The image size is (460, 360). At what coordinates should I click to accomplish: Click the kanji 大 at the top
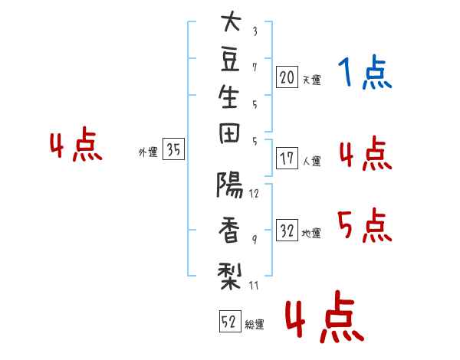[x=231, y=21]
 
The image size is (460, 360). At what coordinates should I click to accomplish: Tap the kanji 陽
[x=229, y=185]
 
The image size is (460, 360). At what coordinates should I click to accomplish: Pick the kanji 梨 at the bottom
[x=229, y=276]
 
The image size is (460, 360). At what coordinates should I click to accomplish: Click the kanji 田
[x=229, y=133]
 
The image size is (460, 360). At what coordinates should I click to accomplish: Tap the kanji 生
[x=228, y=97]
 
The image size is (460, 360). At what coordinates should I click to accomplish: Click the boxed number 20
[x=287, y=77]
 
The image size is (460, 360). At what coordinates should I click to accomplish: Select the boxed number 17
[x=287, y=158]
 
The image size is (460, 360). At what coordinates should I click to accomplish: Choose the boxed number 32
[x=287, y=230]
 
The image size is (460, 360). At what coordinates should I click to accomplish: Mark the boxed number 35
[x=173, y=149]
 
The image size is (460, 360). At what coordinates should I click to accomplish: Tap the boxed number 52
[x=230, y=321]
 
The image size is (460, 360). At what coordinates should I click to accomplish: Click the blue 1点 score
[x=365, y=72]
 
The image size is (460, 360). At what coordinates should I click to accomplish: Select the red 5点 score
[x=365, y=225]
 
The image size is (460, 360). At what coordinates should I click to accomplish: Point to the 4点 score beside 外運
[x=76, y=144]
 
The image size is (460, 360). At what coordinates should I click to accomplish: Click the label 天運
[x=312, y=80]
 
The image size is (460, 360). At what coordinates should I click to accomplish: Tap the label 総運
[x=255, y=324]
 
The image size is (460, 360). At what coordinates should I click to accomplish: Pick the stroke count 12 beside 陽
[x=254, y=194]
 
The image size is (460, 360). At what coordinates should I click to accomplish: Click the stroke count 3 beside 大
[x=255, y=31]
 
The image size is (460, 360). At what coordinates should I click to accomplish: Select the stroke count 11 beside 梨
[x=254, y=285]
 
